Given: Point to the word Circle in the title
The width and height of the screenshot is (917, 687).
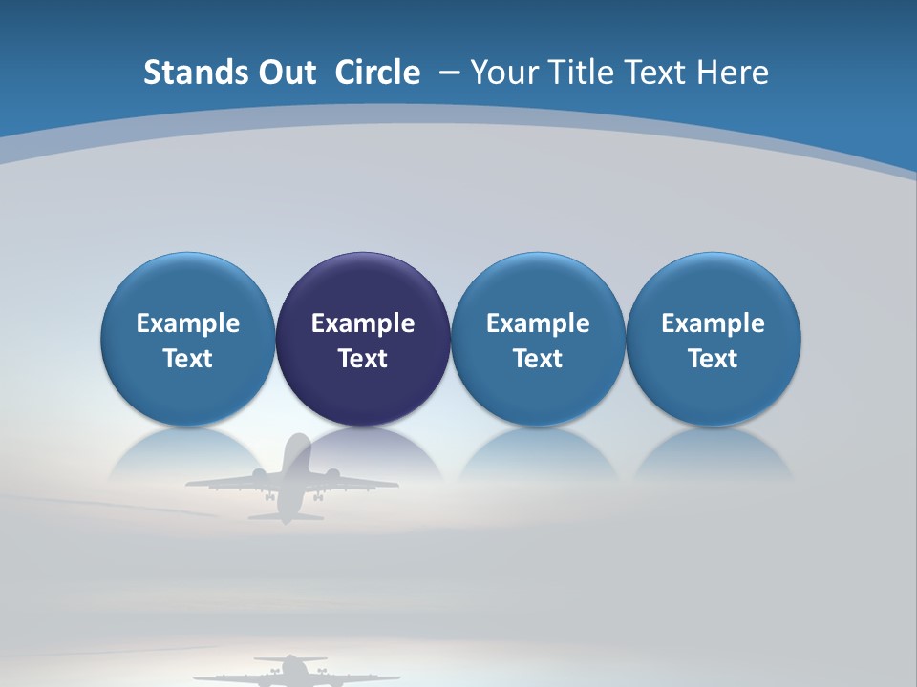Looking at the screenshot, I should pos(377,73).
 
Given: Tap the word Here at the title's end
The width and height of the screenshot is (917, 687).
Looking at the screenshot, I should pos(732,73).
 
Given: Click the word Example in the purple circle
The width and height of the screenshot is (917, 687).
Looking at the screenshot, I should pos(363,323).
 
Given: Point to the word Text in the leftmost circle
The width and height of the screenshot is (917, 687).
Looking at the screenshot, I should pos(187,359).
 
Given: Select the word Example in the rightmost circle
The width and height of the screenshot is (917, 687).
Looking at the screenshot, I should pos(713,323).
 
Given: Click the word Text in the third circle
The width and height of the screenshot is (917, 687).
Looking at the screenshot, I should pos(538,359).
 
